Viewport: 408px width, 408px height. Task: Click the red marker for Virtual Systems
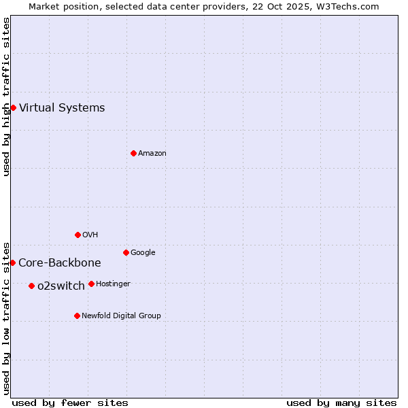click(x=13, y=107)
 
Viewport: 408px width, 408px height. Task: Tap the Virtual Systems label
click(x=62, y=107)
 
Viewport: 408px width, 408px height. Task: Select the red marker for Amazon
click(x=133, y=153)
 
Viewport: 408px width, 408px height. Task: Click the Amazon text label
click(x=152, y=153)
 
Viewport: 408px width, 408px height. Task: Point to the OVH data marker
click(x=78, y=235)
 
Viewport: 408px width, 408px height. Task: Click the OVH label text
click(x=90, y=235)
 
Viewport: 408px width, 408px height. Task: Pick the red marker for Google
click(x=126, y=252)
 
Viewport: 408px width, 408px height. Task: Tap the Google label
click(x=143, y=252)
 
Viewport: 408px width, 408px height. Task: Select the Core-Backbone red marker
click(x=13, y=262)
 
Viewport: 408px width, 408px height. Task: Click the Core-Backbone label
click(x=60, y=262)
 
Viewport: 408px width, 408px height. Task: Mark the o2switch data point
click(x=31, y=286)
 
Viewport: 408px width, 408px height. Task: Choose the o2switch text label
click(x=61, y=286)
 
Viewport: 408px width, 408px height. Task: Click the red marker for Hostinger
click(x=91, y=284)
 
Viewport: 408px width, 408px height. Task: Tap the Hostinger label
click(x=113, y=284)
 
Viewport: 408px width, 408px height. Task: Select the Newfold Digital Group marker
click(x=77, y=316)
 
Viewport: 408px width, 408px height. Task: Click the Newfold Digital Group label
click(x=121, y=316)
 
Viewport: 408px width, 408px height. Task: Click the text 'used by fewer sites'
click(x=70, y=403)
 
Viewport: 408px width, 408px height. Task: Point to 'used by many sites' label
click(x=341, y=403)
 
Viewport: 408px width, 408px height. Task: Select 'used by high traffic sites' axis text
click(x=6, y=97)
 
